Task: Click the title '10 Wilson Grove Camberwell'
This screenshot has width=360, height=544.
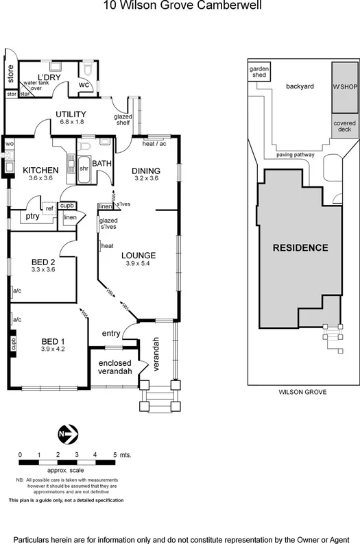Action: pyautogui.click(x=182, y=8)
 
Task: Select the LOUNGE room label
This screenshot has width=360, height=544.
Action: pyautogui.click(x=139, y=256)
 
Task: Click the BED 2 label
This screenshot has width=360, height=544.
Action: pyautogui.click(x=43, y=261)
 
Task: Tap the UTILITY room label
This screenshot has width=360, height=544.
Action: pyautogui.click(x=71, y=114)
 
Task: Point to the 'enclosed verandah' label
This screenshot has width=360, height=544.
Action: pyautogui.click(x=115, y=367)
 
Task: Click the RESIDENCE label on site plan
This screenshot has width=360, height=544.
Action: pyautogui.click(x=300, y=247)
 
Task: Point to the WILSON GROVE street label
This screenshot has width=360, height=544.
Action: pyautogui.click(x=302, y=392)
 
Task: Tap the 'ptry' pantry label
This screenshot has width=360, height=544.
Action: pyautogui.click(x=32, y=216)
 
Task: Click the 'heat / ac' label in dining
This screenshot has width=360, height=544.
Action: pyautogui.click(x=154, y=144)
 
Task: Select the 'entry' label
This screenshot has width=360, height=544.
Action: pyautogui.click(x=110, y=334)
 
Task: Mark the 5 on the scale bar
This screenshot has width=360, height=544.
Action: pyautogui.click(x=114, y=454)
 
